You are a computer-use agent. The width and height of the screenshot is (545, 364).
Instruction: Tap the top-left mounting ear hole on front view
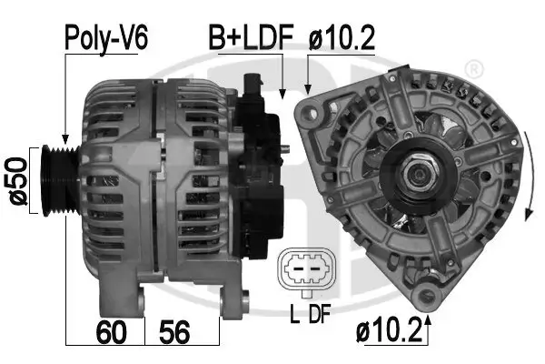click(x=312, y=111)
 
